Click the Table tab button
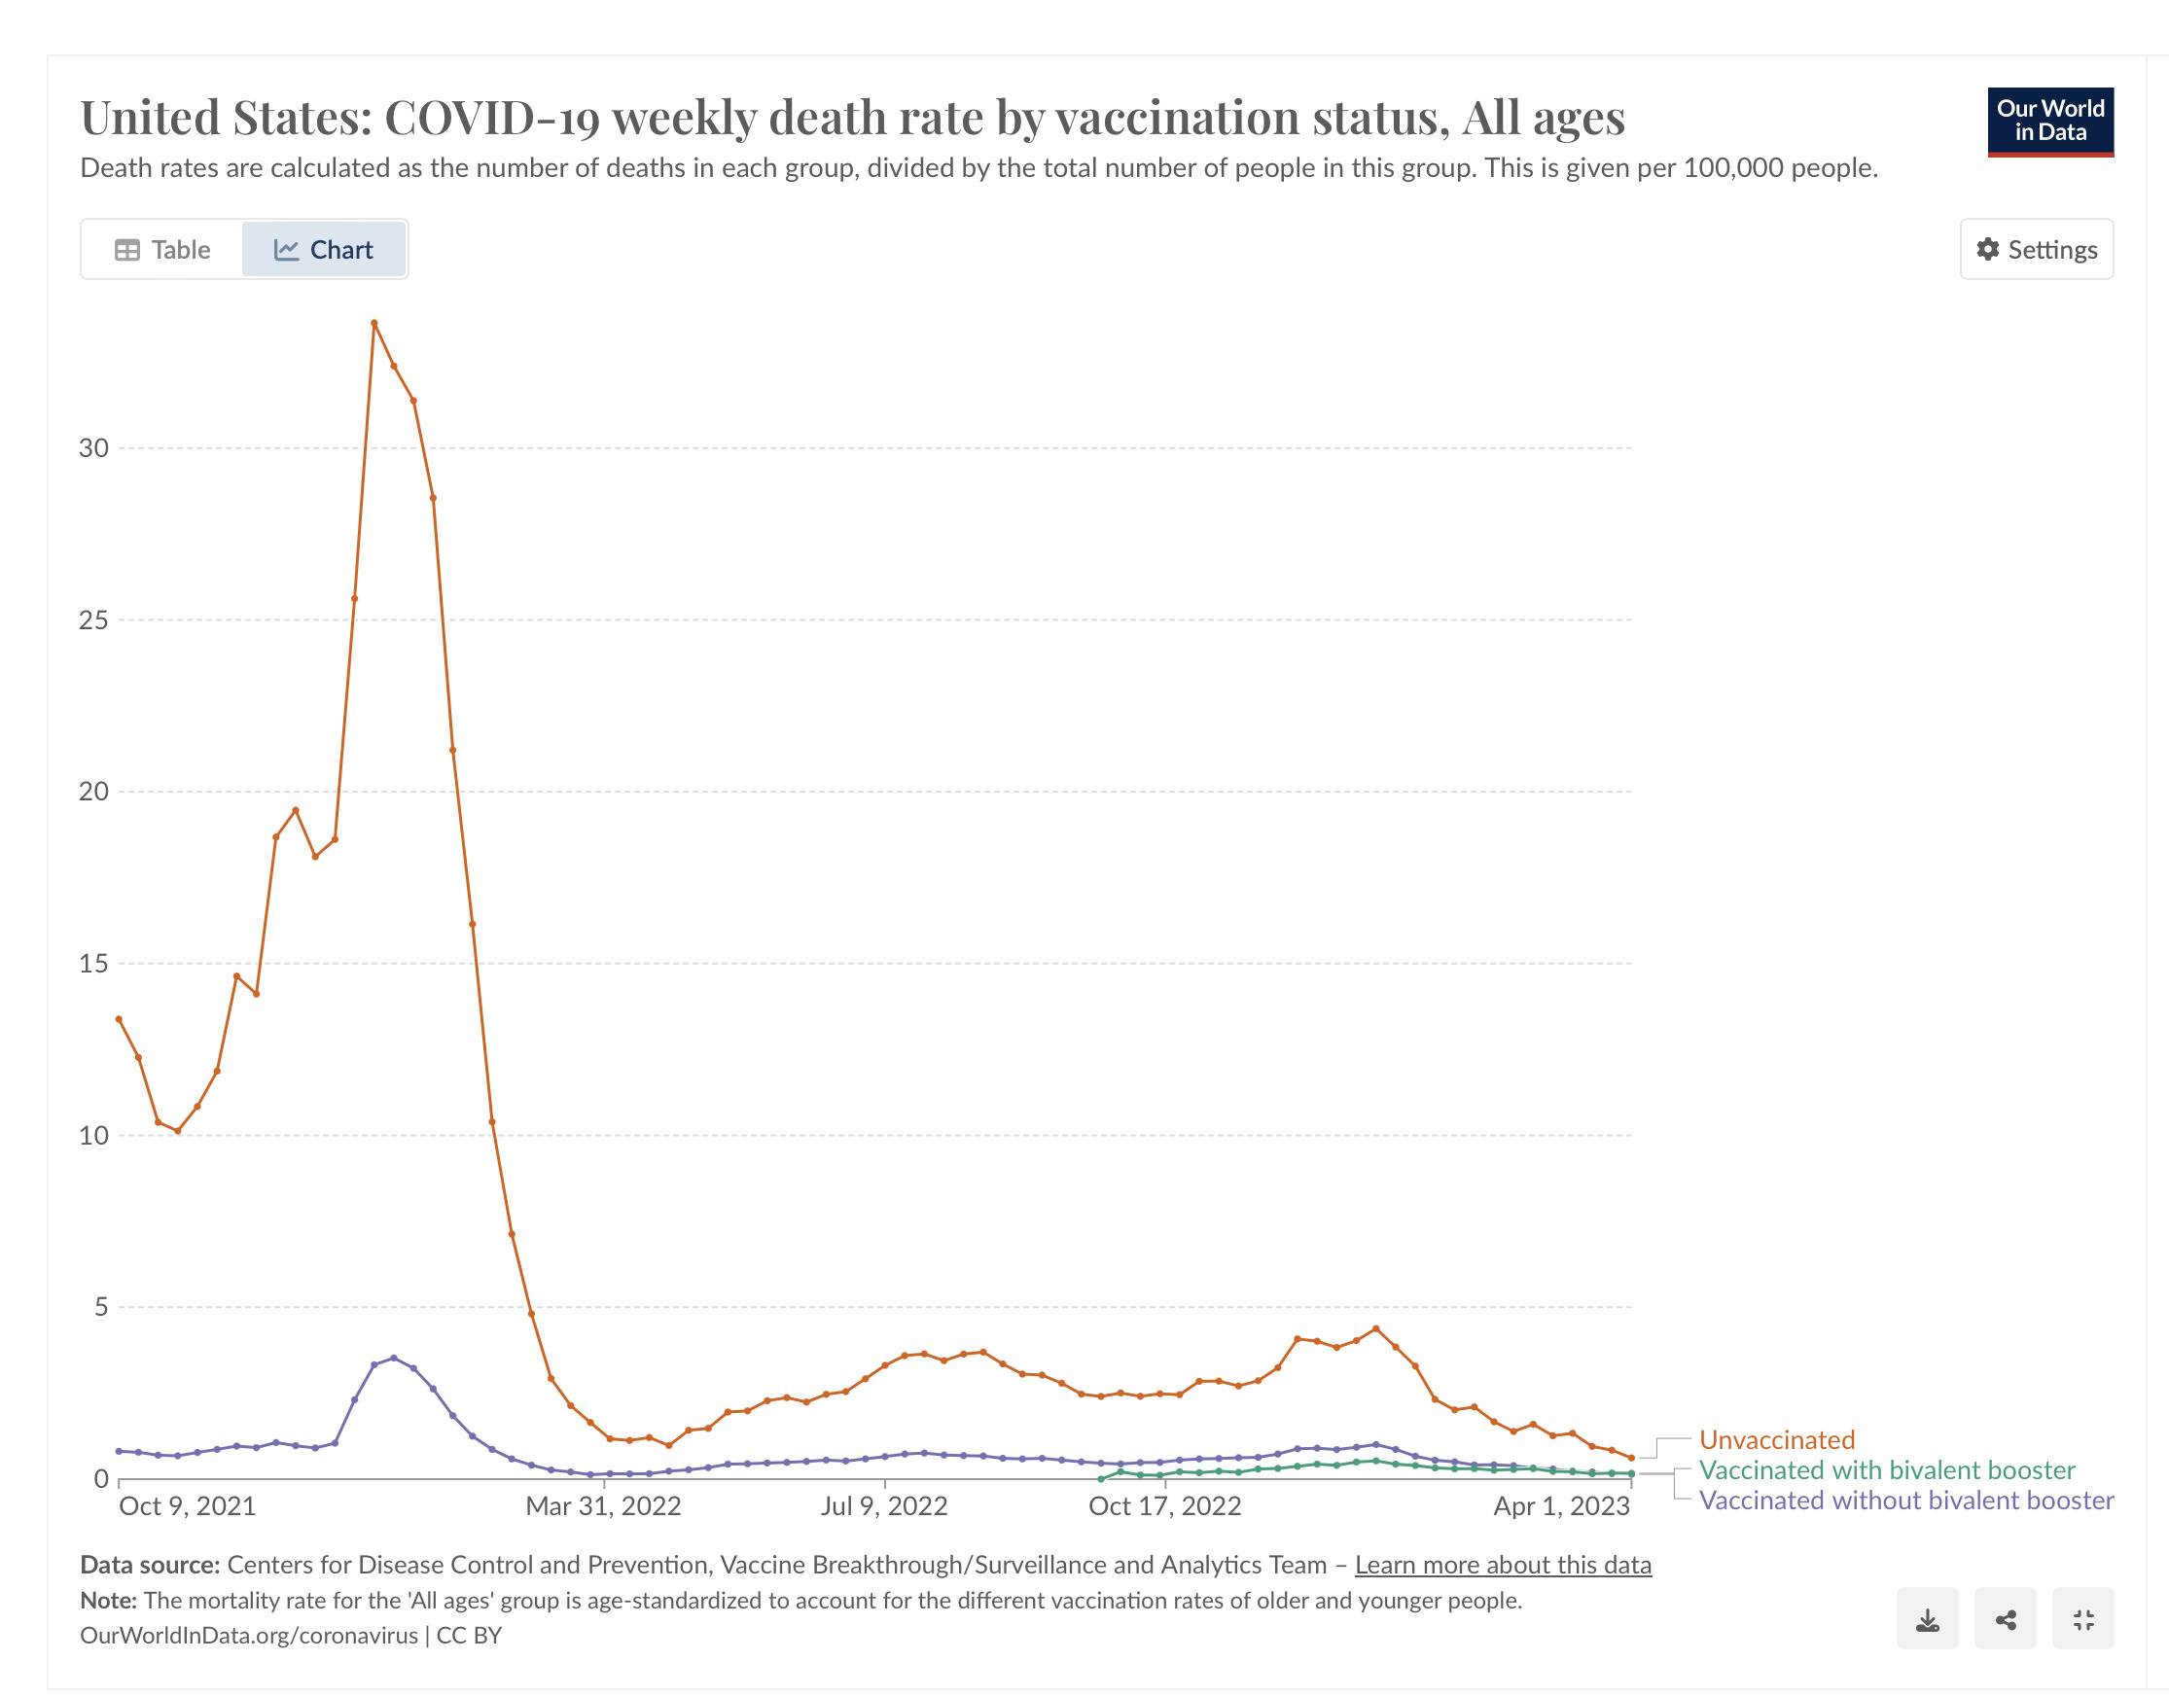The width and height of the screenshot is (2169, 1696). click(x=162, y=249)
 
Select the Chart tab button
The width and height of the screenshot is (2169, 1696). click(x=324, y=249)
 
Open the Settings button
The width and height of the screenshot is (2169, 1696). click(x=2036, y=249)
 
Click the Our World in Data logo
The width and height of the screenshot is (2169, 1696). click(x=2049, y=122)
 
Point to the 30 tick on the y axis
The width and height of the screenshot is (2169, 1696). click(x=93, y=448)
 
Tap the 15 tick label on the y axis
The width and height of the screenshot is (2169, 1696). click(x=93, y=963)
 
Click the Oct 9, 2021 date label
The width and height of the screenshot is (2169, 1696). click(x=187, y=1506)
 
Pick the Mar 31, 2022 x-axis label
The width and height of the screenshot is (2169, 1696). click(x=603, y=1506)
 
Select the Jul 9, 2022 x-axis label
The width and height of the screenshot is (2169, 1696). click(x=884, y=1506)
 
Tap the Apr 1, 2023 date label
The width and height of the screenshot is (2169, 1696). click(x=1561, y=1506)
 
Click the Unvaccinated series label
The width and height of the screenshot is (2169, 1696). click(x=1777, y=1440)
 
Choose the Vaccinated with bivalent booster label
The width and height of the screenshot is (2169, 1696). click(x=1887, y=1469)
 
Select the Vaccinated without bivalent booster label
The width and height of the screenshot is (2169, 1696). click(x=1905, y=1501)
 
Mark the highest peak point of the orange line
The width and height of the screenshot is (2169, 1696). click(x=374, y=323)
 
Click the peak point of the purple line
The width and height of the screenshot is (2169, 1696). click(x=393, y=1358)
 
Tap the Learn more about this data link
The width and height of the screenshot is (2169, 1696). click(x=1503, y=1565)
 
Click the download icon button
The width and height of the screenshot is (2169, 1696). click(x=1927, y=1621)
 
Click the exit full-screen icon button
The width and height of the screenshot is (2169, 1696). click(x=2083, y=1621)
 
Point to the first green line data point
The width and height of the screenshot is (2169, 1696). click(x=1100, y=1479)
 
